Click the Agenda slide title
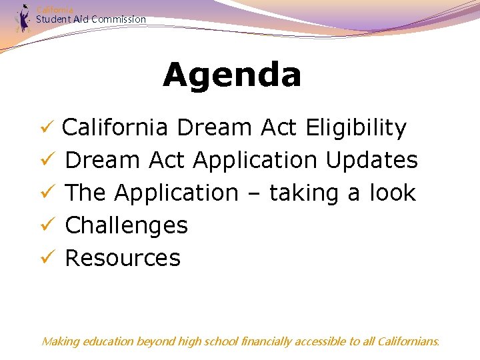(x=232, y=75)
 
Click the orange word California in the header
(x=55, y=9)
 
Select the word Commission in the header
(x=119, y=19)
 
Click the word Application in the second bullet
(x=255, y=161)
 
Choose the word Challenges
(x=127, y=225)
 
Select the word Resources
(x=123, y=258)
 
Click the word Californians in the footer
(x=408, y=341)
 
